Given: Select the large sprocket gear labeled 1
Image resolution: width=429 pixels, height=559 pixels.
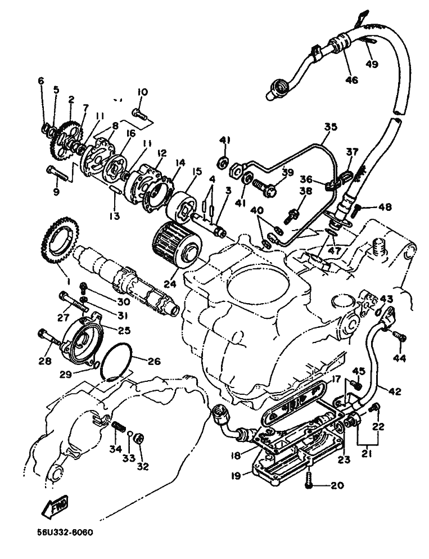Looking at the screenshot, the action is point(61,241).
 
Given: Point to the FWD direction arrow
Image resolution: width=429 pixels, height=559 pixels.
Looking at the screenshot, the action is point(55,506).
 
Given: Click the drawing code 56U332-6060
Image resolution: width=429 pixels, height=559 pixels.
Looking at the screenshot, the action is point(65,533).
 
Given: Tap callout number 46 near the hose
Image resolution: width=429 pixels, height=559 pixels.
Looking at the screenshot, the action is point(351,80).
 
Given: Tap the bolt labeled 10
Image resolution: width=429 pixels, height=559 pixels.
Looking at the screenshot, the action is point(139,114).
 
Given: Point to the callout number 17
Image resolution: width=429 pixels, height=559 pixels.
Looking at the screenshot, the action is point(336,379).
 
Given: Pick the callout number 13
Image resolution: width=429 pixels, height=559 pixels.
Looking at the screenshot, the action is point(114,216).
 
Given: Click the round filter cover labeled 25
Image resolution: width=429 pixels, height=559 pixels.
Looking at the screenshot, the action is point(82,337).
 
